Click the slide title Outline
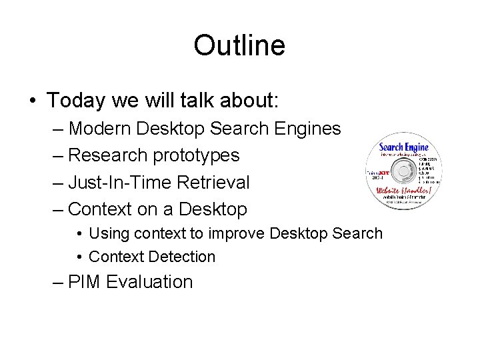(x=239, y=46)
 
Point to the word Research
(x=109, y=155)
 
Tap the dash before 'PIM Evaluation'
(x=57, y=282)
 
